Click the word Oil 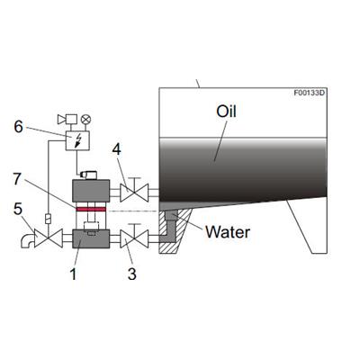pos(226,112)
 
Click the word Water pos(228,232)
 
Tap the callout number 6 pos(18,127)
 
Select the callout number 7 pos(17,179)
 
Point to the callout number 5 pos(18,209)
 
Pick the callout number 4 pos(117,149)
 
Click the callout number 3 pos(132,274)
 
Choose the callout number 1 pos(73,274)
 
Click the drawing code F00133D pos(309,93)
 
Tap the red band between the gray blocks pos(91,209)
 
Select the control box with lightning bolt pos(77,140)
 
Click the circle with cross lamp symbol pos(86,120)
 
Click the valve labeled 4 pos(134,193)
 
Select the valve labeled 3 pos(134,238)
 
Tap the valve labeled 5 pos(49,238)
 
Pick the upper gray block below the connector pos(91,191)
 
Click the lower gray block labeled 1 pos(91,238)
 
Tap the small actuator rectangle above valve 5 pos(49,219)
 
